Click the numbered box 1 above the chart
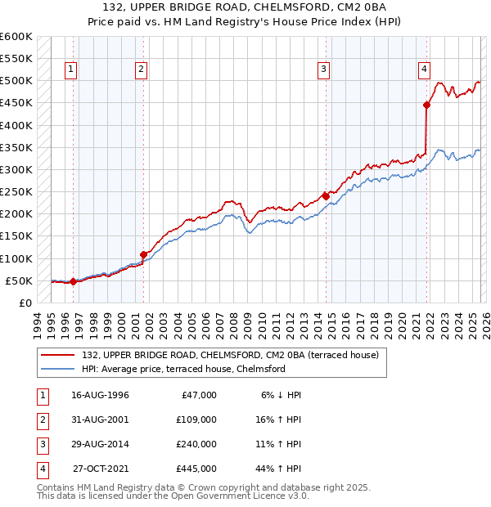tap(72, 70)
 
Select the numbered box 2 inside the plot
tap(142, 70)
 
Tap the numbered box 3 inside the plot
tap(324, 70)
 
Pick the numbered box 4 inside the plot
tap(425, 70)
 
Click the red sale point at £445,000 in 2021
tap(426, 105)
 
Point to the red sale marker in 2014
tap(326, 196)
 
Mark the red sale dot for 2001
tap(143, 254)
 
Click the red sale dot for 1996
tap(73, 281)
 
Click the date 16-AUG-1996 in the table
tap(100, 395)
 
